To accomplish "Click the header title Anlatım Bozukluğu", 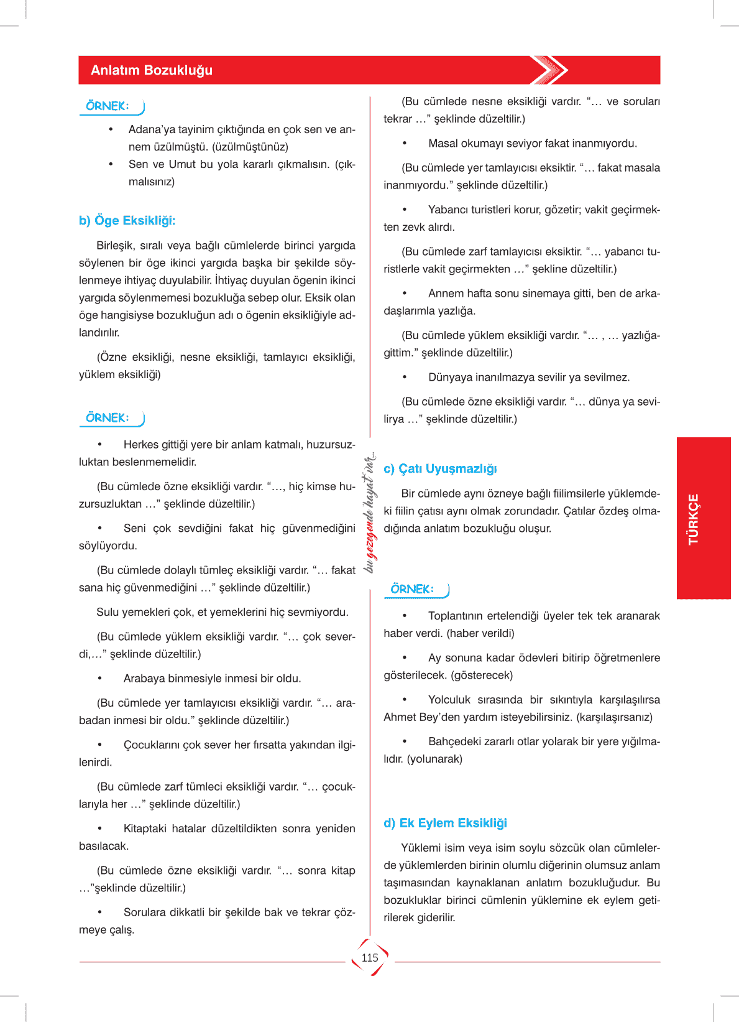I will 152,70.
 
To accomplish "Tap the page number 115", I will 370,958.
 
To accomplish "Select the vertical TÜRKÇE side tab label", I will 694,519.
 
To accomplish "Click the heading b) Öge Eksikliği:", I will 127,221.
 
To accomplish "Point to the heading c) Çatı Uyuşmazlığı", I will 441,469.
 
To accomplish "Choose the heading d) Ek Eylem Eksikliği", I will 446,824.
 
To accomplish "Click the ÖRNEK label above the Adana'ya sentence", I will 108,106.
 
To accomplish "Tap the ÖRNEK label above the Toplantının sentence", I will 412,589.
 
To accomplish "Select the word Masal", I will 443,144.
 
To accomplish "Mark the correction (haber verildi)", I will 480,634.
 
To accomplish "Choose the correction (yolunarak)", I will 434,760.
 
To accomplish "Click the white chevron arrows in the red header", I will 550,70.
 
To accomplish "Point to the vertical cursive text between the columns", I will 370,513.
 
